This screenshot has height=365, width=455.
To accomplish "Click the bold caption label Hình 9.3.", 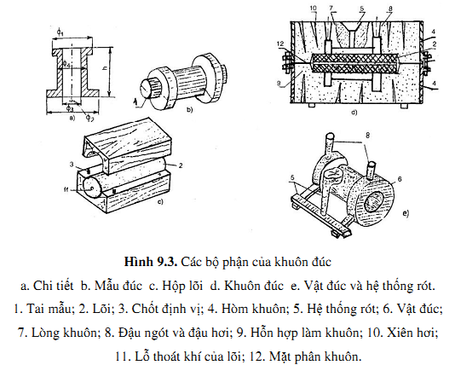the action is point(150,262).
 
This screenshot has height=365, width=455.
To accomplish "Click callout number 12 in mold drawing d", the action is point(280,43).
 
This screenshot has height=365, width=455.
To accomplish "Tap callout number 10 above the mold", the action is point(314,8).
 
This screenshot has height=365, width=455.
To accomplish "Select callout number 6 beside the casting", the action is point(400,179).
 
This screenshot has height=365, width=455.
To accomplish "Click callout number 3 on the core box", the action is point(72,165).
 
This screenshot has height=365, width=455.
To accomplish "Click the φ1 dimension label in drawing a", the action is point(60,32).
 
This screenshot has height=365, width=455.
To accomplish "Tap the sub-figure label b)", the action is point(189,110).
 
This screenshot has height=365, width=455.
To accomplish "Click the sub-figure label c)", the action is point(160,201).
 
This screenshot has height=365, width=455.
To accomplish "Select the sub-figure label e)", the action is point(406,213).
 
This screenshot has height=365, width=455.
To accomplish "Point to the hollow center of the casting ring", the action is point(376,202).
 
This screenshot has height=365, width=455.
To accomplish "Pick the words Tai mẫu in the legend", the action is point(49,309).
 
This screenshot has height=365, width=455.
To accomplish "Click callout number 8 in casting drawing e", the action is point(367,136).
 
